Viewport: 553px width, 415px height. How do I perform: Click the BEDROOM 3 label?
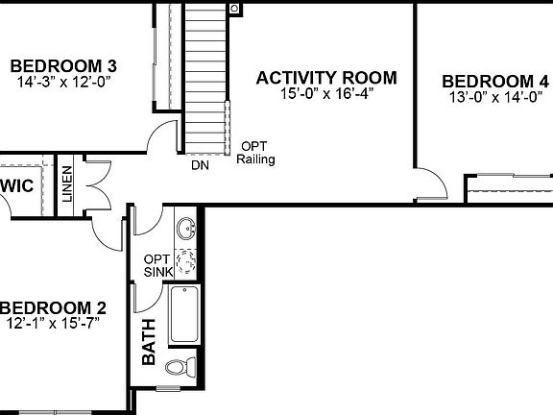63,65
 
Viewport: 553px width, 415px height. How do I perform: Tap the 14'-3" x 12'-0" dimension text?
63,83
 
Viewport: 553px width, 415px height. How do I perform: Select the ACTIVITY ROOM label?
325,78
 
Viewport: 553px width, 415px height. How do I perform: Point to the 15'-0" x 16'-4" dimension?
326,95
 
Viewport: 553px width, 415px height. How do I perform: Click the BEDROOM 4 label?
496,81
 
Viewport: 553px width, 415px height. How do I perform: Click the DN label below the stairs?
200,165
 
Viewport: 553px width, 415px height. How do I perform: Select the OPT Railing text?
254,153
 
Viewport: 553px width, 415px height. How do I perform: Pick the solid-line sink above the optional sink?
188,230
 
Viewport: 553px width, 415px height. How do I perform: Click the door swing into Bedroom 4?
430,183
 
